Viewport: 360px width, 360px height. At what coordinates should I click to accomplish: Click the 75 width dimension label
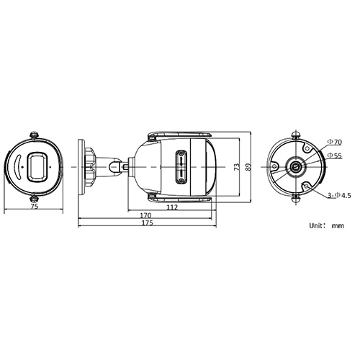(34, 206)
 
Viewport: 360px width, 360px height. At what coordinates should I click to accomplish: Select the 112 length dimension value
(172, 207)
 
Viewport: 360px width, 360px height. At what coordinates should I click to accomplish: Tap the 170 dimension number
(146, 215)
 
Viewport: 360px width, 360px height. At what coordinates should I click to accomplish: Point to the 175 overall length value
(148, 224)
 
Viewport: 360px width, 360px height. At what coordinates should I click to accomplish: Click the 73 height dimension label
(237, 166)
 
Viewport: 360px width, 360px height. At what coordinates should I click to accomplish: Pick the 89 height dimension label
(248, 166)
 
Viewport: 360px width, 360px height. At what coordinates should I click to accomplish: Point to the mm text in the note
(338, 225)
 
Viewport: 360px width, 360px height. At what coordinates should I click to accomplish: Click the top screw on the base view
(295, 135)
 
